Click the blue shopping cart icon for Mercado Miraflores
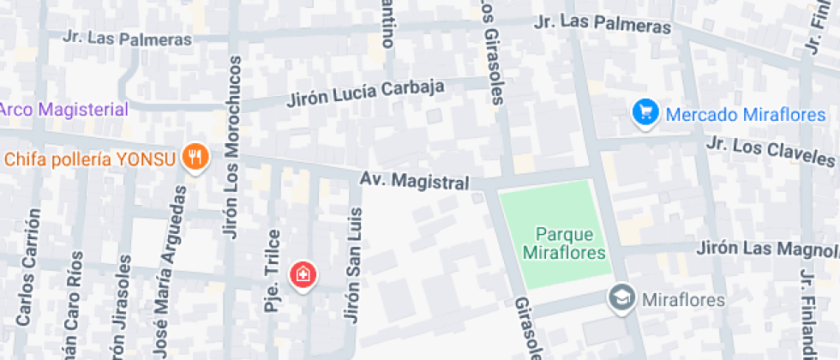point(645,112)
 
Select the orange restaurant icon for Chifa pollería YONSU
point(197,156)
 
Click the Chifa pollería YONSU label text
point(90,159)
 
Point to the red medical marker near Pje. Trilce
point(303,274)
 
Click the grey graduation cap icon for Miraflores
point(620,298)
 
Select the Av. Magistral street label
point(414,182)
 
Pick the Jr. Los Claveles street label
point(770,151)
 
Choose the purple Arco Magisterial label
point(63,110)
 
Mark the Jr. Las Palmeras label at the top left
point(127,39)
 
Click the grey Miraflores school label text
point(683,300)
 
